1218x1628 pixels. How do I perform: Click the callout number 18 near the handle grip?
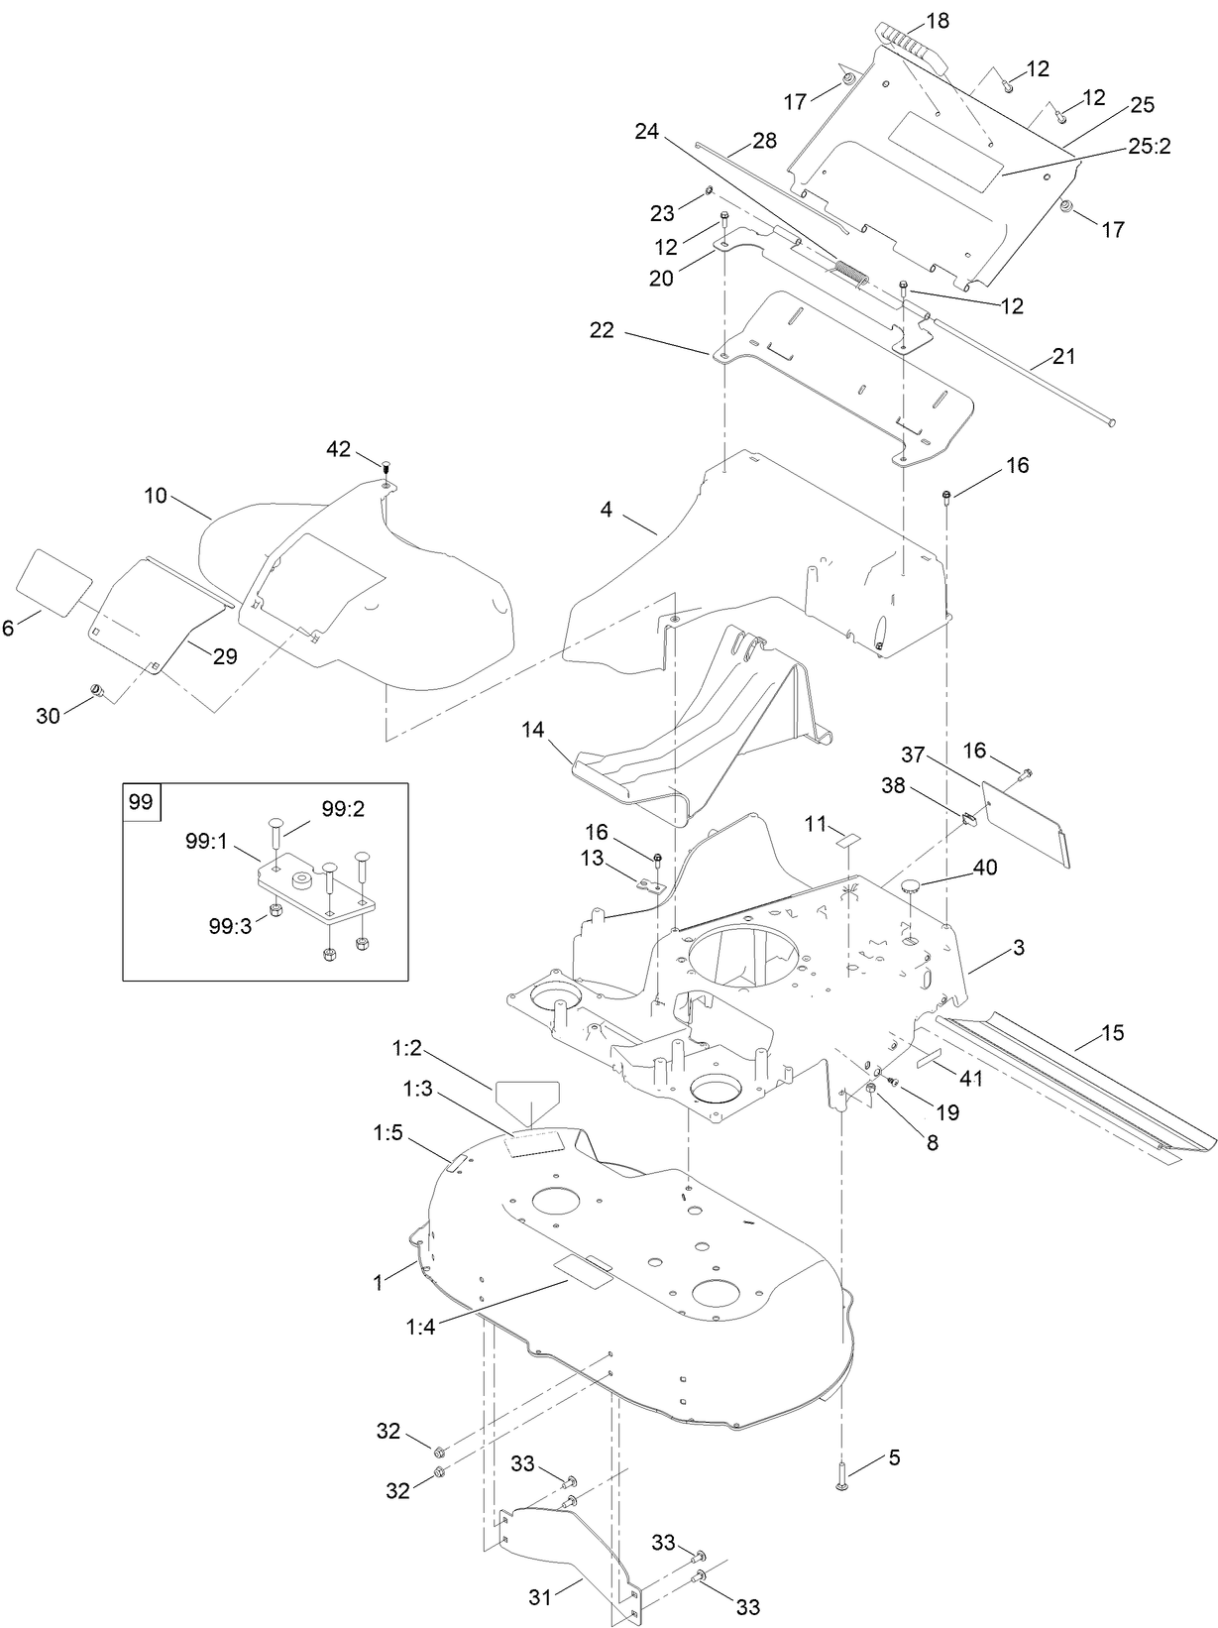937,20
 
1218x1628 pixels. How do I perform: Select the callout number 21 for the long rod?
1063,356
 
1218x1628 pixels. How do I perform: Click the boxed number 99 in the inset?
141,801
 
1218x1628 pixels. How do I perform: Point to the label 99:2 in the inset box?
344,809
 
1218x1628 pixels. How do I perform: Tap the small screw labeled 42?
387,465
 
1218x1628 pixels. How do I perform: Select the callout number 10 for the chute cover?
156,495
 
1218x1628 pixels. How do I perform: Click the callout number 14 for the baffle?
533,731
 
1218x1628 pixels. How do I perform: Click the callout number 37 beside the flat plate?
912,756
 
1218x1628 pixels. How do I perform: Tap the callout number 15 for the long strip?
1112,1033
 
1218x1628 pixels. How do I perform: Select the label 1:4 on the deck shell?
420,1328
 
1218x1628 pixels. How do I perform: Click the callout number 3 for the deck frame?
1018,948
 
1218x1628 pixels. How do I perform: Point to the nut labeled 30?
97,689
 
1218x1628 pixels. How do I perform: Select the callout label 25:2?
1150,147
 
